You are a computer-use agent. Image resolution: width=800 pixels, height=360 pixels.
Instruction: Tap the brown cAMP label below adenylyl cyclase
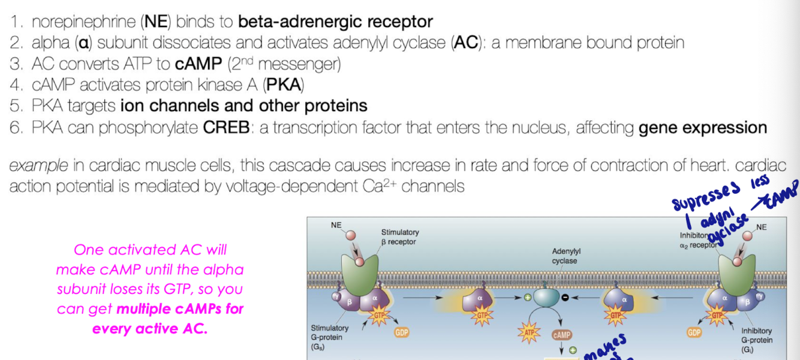562,335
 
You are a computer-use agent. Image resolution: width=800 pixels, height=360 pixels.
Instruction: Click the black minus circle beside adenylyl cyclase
565,296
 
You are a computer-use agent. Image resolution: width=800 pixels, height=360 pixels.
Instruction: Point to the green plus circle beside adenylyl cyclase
528,296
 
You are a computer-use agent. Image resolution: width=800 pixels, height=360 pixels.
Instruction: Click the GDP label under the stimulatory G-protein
401,331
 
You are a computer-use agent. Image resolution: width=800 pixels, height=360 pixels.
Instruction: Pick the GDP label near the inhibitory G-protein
694,332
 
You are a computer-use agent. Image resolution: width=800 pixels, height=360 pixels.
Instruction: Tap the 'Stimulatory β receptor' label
400,237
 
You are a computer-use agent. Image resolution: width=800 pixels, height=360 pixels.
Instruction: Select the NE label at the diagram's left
336,225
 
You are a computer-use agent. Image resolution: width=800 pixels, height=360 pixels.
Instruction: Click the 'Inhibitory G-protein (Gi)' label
756,340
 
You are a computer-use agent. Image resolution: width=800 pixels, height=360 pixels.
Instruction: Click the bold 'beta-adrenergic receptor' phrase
335,22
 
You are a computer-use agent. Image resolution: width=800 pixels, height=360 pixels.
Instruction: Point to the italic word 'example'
38,166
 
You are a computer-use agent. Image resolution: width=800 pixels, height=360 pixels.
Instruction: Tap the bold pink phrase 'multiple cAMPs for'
181,310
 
